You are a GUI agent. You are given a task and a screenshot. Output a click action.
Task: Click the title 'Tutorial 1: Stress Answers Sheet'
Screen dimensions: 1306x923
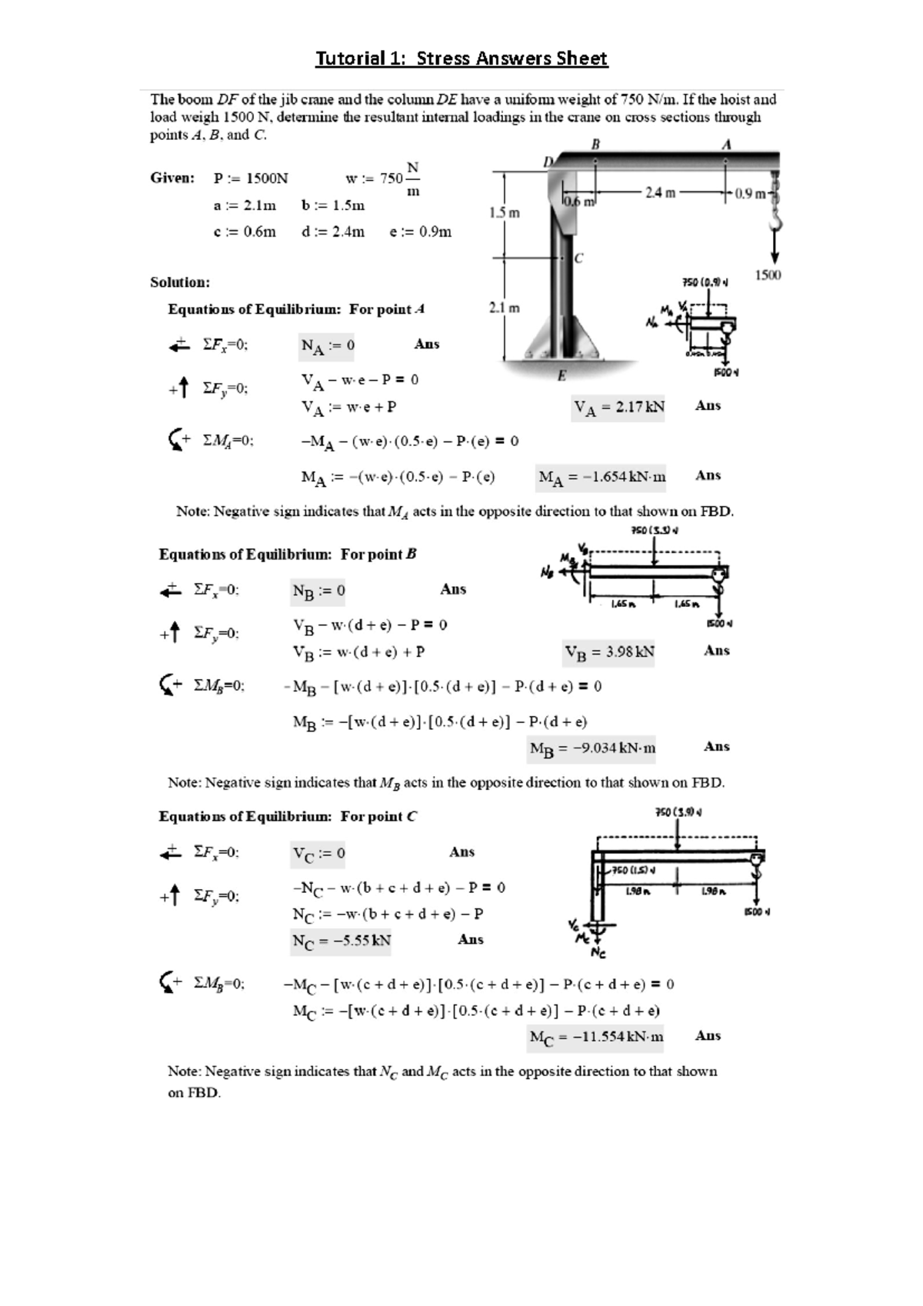click(461, 58)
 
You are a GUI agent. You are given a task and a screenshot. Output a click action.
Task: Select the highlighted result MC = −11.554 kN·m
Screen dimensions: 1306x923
click(596, 1038)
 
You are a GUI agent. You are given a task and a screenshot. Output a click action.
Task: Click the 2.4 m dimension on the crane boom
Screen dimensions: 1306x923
click(660, 193)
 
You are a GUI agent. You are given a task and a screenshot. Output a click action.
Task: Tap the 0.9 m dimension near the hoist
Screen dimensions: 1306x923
click(749, 194)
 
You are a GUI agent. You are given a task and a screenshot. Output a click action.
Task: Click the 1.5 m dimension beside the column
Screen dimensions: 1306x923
click(504, 212)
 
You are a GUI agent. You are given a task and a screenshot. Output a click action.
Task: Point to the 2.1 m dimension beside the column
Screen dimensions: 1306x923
click(504, 308)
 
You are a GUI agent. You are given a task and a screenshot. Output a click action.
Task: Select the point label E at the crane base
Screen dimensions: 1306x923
click(561, 375)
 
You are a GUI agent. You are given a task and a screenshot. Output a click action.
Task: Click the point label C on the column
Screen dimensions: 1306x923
click(578, 258)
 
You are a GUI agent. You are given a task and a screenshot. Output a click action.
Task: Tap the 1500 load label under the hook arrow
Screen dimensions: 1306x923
click(768, 275)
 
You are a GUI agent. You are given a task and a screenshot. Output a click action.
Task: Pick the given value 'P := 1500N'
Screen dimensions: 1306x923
click(251, 178)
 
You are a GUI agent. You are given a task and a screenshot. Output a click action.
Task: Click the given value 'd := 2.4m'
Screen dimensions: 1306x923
click(333, 232)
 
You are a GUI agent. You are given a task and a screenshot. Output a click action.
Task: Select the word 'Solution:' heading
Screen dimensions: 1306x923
click(180, 282)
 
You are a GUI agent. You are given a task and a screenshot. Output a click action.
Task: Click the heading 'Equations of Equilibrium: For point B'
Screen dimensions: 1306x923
click(288, 555)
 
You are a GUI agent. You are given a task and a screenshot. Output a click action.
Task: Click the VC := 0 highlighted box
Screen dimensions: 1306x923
click(318, 854)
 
